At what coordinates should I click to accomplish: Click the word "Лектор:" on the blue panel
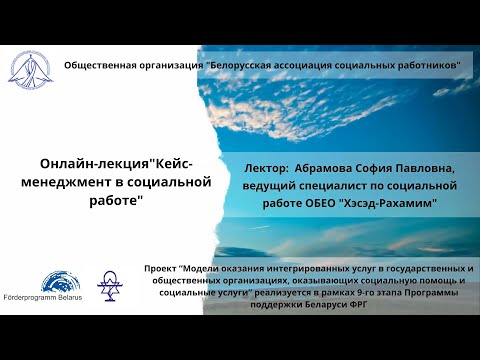point(265,169)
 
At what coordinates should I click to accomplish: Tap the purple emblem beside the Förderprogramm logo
point(109,284)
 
